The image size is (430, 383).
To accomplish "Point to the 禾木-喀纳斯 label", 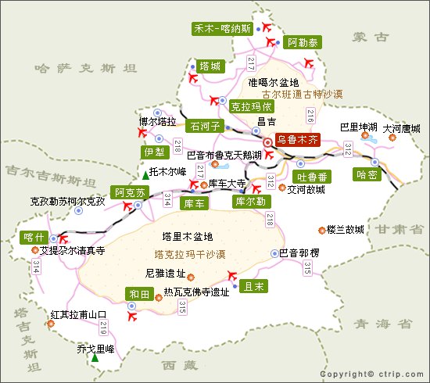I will point(223,29).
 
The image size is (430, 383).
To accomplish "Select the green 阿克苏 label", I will point(130,192).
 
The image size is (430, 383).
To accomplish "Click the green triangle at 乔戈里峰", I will point(95,358).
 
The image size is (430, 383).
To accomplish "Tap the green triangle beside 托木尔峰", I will point(145,172).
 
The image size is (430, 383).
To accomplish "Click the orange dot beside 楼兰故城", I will point(321,230).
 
